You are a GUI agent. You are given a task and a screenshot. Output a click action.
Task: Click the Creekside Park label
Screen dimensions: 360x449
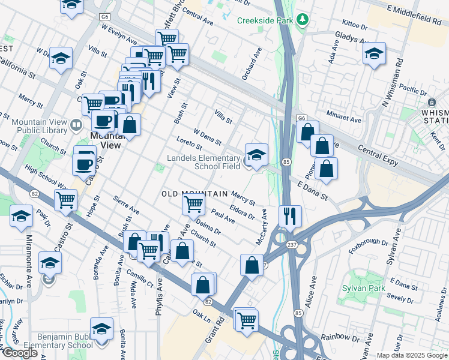264,20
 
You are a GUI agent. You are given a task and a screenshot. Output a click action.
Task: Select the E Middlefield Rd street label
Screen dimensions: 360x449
414,16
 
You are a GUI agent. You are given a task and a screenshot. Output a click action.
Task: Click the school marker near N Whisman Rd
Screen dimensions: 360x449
374,55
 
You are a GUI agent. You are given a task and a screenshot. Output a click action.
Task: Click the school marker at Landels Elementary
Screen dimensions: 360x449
256,155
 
